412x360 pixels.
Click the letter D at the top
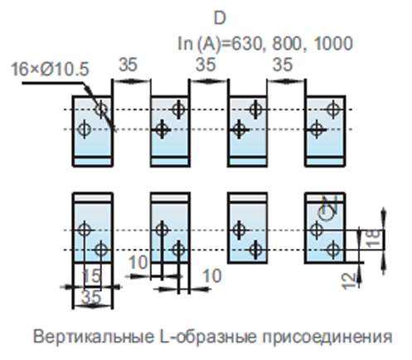point(220,18)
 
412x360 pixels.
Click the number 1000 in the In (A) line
point(333,43)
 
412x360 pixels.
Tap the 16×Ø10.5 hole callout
point(50,69)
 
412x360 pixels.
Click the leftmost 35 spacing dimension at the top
point(128,65)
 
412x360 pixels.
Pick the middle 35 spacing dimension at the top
point(206,65)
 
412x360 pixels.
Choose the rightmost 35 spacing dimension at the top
point(283,65)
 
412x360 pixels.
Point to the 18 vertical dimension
point(373,238)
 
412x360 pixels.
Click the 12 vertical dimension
point(349,281)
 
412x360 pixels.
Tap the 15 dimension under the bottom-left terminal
point(92,276)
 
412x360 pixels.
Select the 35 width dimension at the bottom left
point(91,297)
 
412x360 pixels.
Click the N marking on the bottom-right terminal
point(332,205)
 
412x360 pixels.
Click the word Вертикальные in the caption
point(94,337)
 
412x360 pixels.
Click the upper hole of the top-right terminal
point(333,109)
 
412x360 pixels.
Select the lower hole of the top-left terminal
point(84,129)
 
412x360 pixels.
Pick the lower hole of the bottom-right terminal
point(333,250)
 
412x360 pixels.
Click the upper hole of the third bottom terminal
point(239,230)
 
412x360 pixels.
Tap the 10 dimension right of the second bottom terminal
point(212,275)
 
